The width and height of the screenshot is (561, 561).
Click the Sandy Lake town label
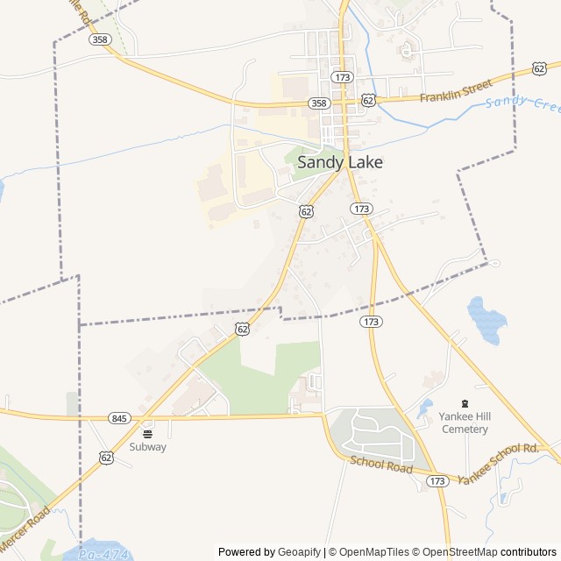tap(340, 162)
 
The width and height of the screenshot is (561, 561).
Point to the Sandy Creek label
tap(522, 102)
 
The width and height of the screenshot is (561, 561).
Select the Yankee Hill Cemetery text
tap(465, 423)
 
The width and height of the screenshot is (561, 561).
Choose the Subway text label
tap(147, 446)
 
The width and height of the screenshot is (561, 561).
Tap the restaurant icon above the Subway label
tap(147, 432)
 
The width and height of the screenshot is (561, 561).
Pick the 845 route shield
tap(120, 418)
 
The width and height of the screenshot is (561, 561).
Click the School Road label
tap(381, 465)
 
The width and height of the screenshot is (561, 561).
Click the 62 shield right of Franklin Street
tap(539, 68)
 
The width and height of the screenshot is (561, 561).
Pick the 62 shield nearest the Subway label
tap(106, 457)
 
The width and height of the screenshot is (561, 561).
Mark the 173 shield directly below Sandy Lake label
tap(360, 209)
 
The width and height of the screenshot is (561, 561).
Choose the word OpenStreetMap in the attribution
tap(458, 552)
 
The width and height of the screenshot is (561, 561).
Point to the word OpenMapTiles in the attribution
tap(373, 552)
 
